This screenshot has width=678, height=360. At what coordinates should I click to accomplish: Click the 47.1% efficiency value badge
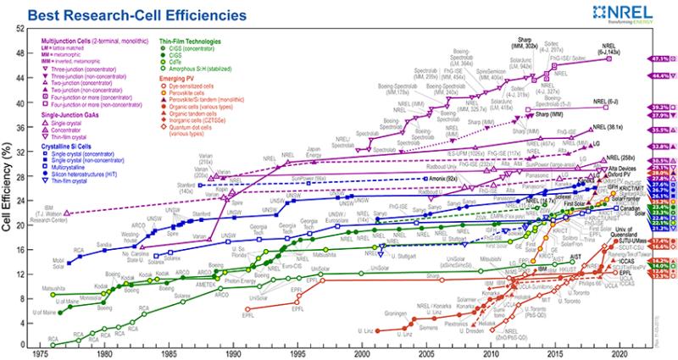(661, 58)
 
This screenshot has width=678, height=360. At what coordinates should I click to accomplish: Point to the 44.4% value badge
(661, 75)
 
